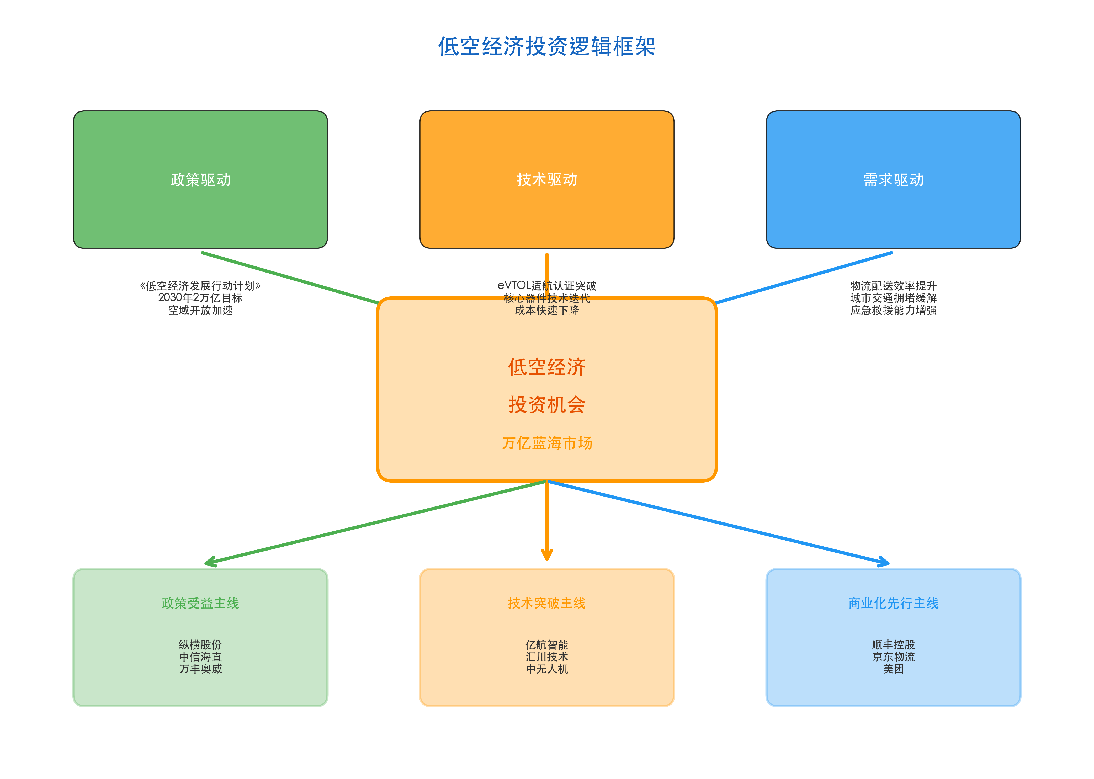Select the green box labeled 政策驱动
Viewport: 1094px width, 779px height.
click(x=200, y=179)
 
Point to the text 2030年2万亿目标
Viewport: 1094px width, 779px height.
click(x=200, y=298)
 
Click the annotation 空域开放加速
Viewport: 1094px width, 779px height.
click(x=200, y=310)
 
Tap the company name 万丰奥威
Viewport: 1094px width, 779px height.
click(x=200, y=669)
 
